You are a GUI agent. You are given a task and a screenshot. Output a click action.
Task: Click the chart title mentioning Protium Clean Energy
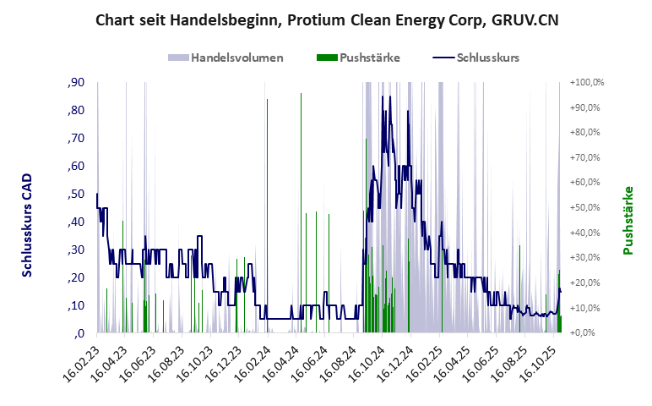[x=326, y=19]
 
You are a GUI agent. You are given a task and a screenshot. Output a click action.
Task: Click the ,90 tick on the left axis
[x=74, y=82]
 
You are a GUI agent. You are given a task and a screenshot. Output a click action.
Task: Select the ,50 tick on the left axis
[x=74, y=194]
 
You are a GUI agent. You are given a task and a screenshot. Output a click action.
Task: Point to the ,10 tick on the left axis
[x=74, y=304]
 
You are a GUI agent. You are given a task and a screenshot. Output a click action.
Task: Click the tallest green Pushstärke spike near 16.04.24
[x=301, y=95]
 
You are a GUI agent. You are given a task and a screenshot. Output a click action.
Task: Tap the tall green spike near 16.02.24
[x=267, y=101]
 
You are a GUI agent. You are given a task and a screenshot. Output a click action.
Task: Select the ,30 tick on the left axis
[x=74, y=250]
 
